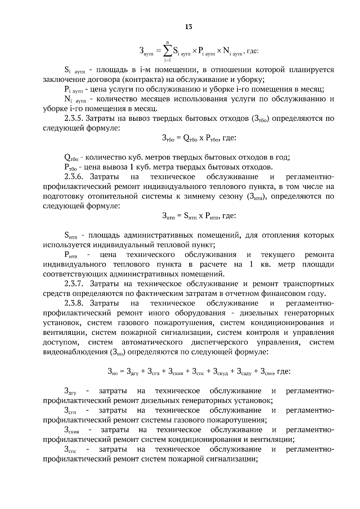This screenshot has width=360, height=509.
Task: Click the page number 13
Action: click(188, 27)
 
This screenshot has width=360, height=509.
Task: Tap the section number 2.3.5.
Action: click(73, 118)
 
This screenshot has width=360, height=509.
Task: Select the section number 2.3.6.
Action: click(73, 177)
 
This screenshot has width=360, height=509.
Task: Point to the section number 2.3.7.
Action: click(73, 284)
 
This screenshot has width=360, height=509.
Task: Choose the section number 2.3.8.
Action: click(73, 303)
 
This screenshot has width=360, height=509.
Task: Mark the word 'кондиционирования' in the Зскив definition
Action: click(207, 439)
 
